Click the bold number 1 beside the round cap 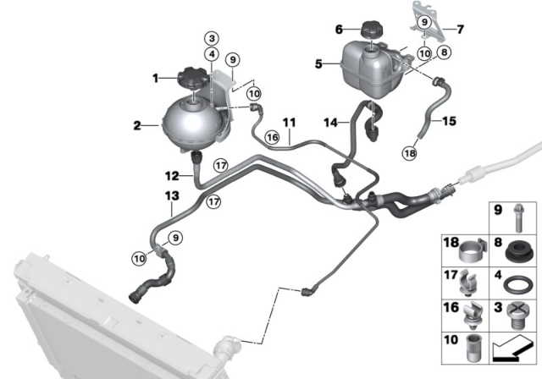[x=156, y=79]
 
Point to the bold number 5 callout [x=318, y=63]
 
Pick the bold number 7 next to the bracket [x=460, y=30]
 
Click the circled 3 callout [x=212, y=38]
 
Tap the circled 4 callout [x=212, y=54]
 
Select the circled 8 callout [x=444, y=52]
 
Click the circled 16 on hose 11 [x=272, y=138]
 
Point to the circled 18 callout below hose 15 [x=410, y=153]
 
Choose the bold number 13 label [x=172, y=195]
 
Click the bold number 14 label [x=330, y=122]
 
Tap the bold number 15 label [x=450, y=121]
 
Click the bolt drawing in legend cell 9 [x=517, y=217]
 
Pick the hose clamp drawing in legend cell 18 [x=473, y=250]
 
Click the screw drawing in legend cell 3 [x=516, y=316]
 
